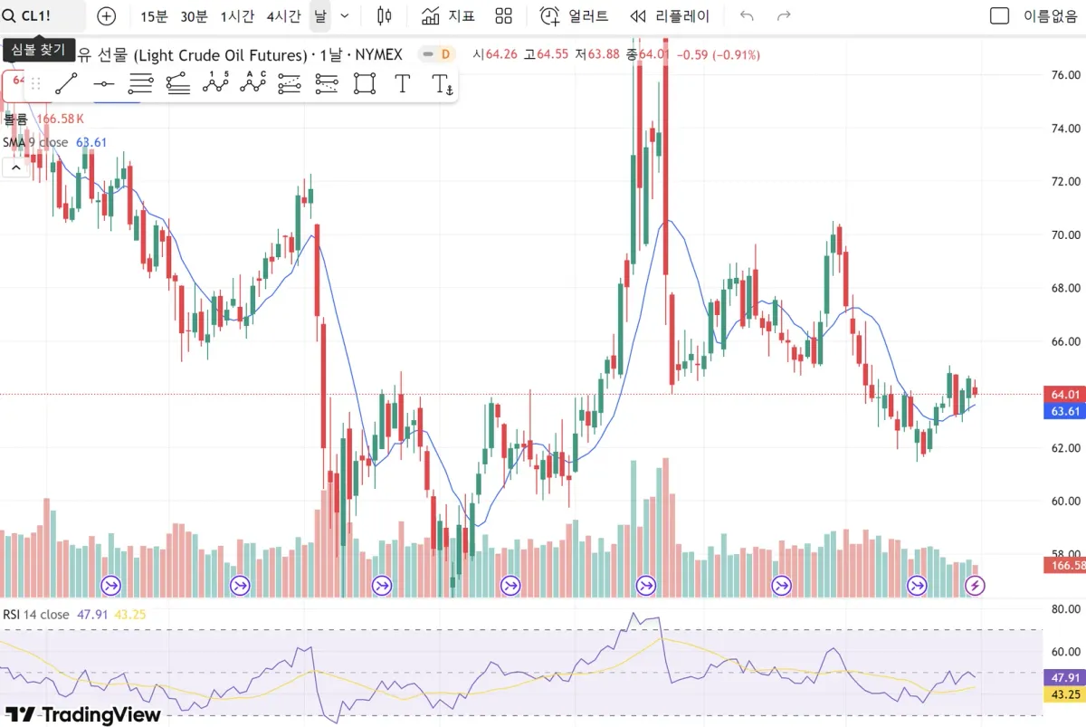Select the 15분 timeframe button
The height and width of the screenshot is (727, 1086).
[x=154, y=16]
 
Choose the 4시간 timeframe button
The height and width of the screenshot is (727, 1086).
[x=283, y=16]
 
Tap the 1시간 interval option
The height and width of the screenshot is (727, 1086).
[x=237, y=16]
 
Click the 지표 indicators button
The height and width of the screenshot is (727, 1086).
[x=448, y=16]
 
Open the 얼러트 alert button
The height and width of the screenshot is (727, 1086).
[x=575, y=16]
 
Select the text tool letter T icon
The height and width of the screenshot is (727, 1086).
[x=403, y=84]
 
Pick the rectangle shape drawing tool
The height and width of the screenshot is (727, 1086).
[x=365, y=84]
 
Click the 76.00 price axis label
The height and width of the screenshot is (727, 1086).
[x=1062, y=75]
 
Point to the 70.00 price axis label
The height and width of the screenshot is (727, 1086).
[x=1062, y=234]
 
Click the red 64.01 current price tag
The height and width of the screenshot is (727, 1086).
[x=1065, y=394]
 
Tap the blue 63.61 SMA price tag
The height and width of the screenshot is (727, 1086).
[x=1065, y=411]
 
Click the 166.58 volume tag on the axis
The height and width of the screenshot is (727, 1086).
[x=1067, y=566]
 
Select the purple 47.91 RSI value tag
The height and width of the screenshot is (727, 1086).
[x=1065, y=676]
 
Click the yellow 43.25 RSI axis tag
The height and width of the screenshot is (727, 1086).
[x=1065, y=694]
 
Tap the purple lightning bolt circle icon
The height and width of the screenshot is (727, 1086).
[x=976, y=586]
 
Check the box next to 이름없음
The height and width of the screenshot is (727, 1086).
[x=999, y=16]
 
